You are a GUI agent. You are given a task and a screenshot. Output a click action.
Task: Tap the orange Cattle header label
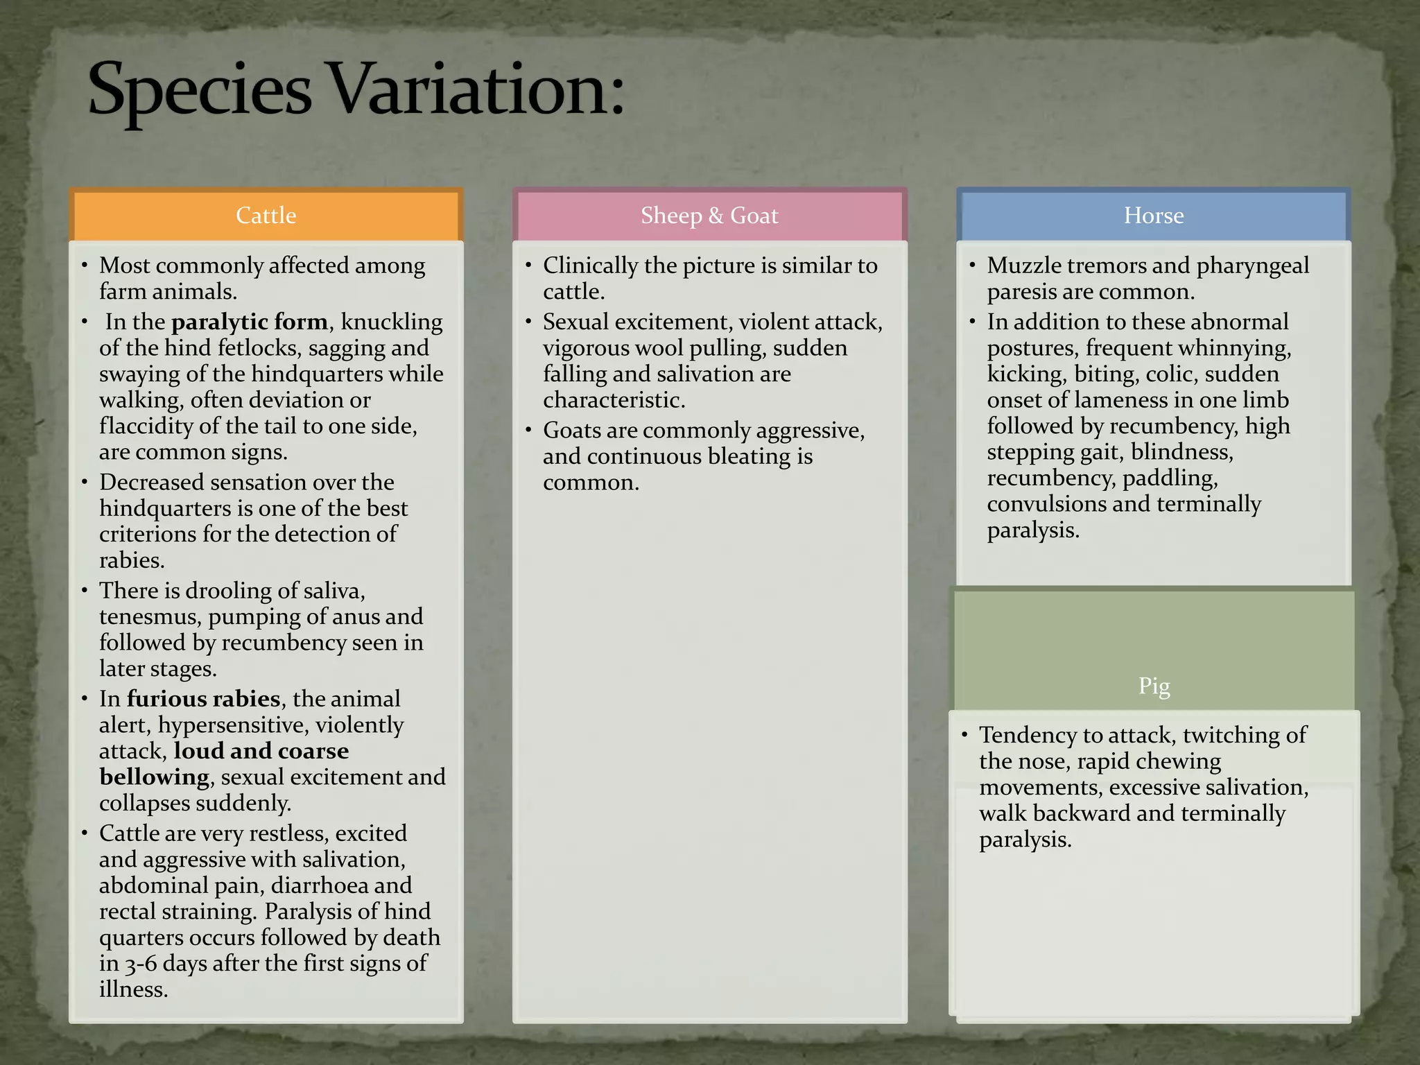266,216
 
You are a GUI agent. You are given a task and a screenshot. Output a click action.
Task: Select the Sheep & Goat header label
709,216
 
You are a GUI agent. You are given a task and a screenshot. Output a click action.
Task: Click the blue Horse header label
1153,216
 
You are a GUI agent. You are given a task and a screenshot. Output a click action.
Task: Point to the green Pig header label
1154,686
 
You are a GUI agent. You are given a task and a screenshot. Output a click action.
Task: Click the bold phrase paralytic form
250,322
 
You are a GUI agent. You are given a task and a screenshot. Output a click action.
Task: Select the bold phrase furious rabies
203,699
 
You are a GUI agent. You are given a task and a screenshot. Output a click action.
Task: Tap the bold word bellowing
154,777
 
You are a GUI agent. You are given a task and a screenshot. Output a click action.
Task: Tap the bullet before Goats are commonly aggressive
528,431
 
